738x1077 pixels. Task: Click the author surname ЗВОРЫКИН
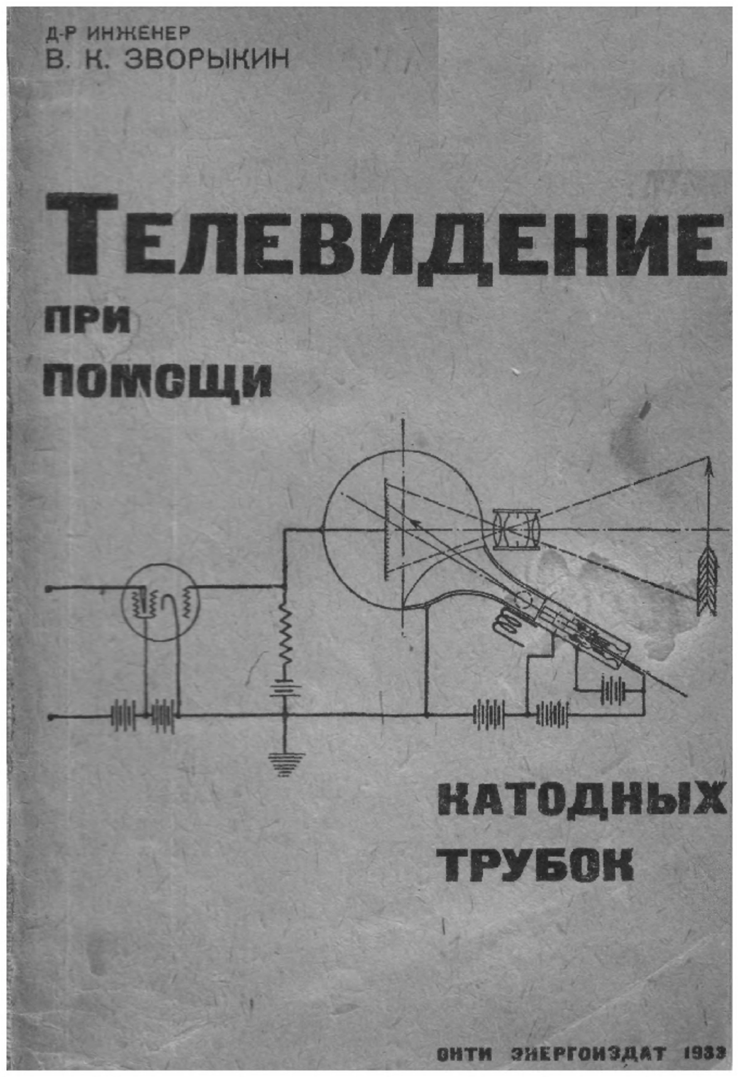point(207,60)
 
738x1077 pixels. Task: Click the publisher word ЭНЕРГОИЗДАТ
point(589,1053)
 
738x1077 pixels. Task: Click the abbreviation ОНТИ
point(464,1053)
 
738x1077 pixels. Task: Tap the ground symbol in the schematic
point(285,763)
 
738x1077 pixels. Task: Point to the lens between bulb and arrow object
point(517,529)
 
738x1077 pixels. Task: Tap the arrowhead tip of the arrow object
point(709,458)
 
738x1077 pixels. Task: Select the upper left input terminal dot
point(48,589)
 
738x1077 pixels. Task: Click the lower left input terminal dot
point(50,716)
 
